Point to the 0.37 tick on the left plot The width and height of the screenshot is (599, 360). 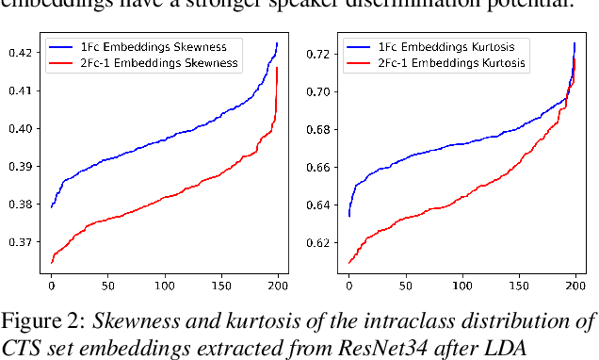19,242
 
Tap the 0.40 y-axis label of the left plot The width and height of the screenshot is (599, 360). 19,129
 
